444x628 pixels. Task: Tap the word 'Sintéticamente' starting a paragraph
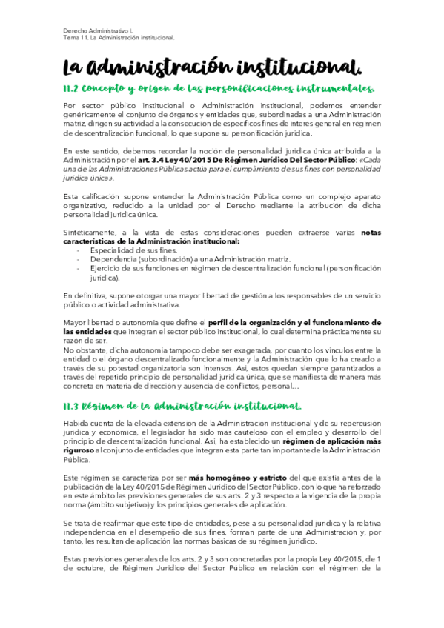[93, 233]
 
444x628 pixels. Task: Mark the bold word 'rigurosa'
[79, 449]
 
